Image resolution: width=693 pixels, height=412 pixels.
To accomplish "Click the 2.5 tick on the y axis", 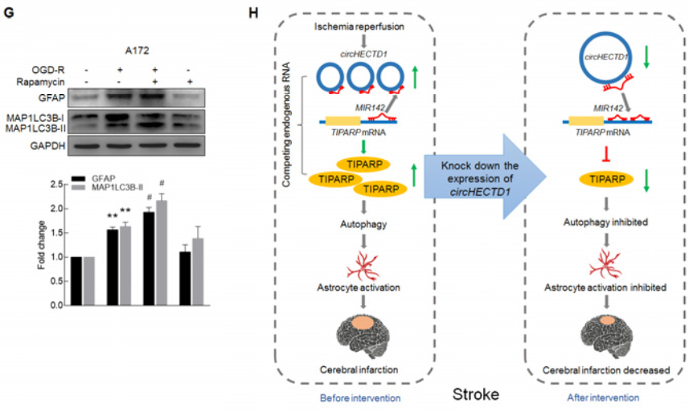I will click(53, 184).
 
